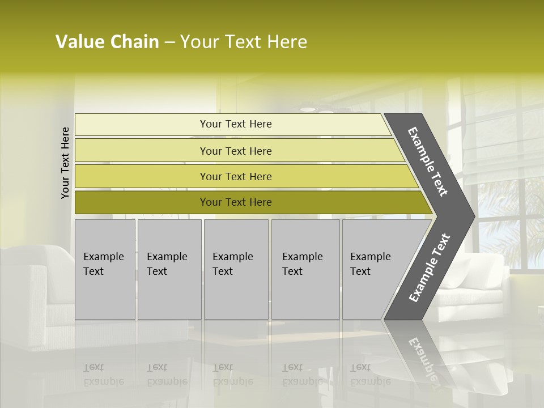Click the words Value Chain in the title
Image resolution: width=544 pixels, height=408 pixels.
click(107, 42)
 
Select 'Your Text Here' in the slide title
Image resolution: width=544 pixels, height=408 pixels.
click(244, 42)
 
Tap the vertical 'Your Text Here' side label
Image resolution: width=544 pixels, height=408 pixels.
click(65, 163)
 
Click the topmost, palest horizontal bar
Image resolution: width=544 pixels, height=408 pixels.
click(232, 125)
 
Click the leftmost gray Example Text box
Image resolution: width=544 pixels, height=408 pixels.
click(105, 269)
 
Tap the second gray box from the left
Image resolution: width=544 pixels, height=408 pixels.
click(169, 269)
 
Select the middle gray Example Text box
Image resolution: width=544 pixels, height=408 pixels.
click(236, 269)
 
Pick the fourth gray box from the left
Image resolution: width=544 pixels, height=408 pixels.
click(305, 269)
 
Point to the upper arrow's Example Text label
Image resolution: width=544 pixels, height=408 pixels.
click(428, 161)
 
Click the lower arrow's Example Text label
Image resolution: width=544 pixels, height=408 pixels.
click(429, 268)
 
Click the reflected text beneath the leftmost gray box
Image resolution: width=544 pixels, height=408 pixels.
click(104, 375)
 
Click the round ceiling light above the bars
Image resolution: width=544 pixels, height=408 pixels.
click(308, 108)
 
